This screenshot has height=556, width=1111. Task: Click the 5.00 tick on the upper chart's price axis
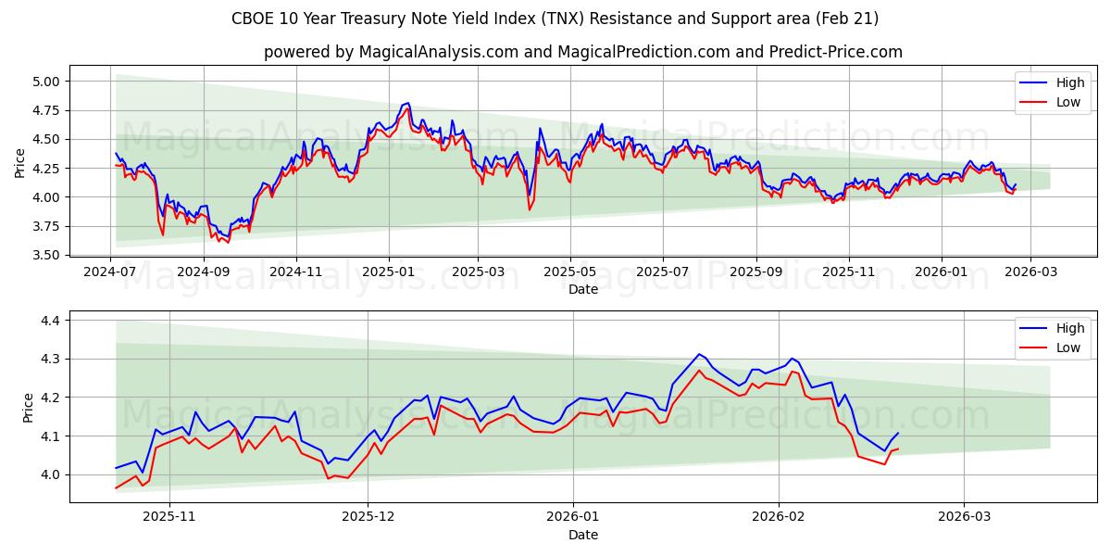[46, 82]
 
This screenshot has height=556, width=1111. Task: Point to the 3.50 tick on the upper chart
[46, 255]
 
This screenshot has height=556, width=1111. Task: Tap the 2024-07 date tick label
[111, 272]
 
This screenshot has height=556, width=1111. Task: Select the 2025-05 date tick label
[569, 272]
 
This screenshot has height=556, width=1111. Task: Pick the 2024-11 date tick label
[296, 272]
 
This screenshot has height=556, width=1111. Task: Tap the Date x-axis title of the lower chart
[583, 535]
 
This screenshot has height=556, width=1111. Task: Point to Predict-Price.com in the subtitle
[836, 52]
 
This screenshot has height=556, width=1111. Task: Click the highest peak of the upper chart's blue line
[408, 103]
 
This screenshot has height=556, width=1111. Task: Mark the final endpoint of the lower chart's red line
[897, 449]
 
